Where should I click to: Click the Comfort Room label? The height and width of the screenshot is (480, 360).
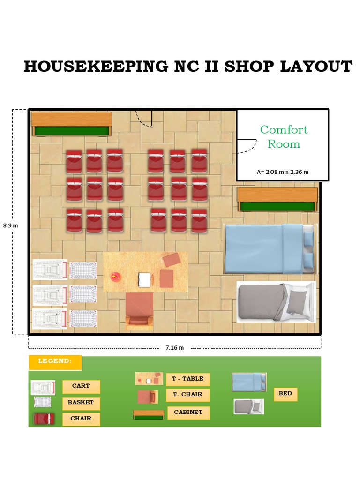coord(284,136)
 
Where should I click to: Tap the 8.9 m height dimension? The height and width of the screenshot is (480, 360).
coord(10,225)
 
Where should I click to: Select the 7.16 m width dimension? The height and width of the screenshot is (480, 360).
coord(174,348)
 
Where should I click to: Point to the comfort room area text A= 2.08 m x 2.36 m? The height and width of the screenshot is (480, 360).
coord(282,172)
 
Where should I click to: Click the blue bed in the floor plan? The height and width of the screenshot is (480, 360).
coord(270,248)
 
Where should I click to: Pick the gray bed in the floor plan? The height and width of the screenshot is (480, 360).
coord(276,302)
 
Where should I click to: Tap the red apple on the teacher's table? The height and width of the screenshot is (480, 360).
coord(115,277)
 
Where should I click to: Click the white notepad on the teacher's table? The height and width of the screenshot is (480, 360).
coord(145,280)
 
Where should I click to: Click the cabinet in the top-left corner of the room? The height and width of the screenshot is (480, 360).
coord(72,124)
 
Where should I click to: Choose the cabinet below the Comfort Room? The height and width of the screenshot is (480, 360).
coord(277,199)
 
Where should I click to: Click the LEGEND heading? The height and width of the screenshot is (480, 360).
coord(55,361)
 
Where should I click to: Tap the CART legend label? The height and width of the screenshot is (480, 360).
coord(81,386)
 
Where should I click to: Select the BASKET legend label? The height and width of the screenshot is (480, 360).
coord(81,402)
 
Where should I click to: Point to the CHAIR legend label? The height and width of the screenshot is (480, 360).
coord(81,418)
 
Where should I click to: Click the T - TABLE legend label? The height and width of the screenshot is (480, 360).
coord(187,379)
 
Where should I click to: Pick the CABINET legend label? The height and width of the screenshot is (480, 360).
coord(188,412)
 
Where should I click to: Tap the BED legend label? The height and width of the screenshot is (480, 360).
coord(285,394)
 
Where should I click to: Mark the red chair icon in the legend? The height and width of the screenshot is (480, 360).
coord(44,419)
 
